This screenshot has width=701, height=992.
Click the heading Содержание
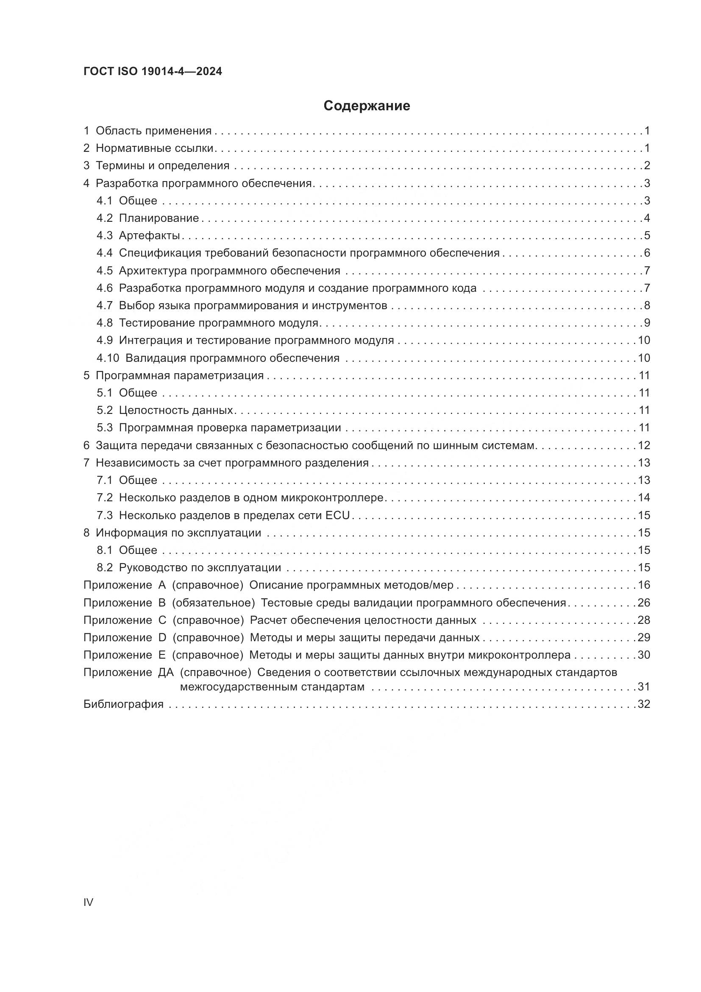pos(367,106)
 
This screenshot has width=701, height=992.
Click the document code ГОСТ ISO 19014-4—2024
pos(153,72)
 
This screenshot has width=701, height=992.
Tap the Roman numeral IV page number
pos(88,902)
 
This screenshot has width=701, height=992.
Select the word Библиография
pos(123,704)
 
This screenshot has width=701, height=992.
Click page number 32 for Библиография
pos(644,704)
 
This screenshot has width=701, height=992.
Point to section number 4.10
pos(108,358)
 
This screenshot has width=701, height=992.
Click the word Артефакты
pos(149,235)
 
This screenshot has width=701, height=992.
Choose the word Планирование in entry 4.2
pos(159,218)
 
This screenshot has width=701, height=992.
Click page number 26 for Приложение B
pos(644,603)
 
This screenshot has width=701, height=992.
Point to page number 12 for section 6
pos(644,445)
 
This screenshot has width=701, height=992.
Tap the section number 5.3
pos(104,428)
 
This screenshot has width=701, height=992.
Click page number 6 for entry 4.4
pos(647,253)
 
